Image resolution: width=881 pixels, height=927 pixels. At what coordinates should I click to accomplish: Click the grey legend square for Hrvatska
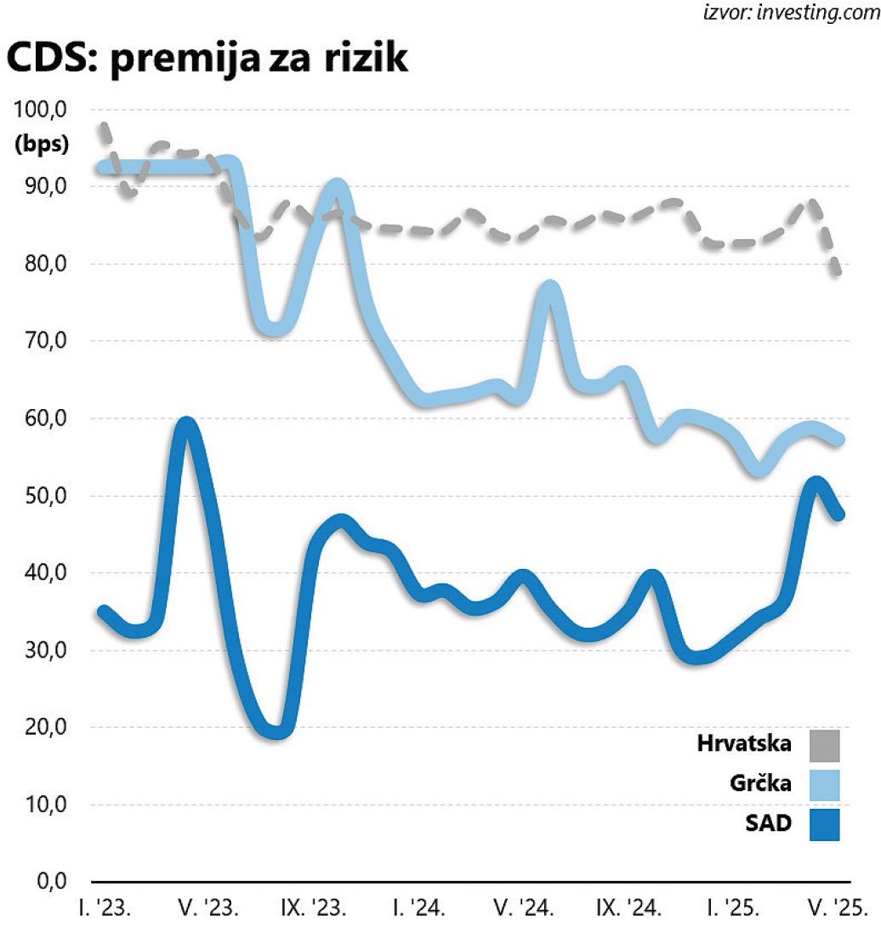(x=824, y=745)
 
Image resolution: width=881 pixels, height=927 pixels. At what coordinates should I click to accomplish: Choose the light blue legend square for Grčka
(x=824, y=784)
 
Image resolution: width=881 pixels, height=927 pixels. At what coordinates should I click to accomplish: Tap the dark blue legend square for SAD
(x=824, y=823)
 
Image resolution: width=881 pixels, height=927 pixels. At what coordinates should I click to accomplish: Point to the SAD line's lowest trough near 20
(x=277, y=731)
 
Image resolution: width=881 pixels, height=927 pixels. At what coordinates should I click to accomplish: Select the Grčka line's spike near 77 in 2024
(x=550, y=289)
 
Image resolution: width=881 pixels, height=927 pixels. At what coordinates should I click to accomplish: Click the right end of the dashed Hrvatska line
(x=838, y=272)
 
